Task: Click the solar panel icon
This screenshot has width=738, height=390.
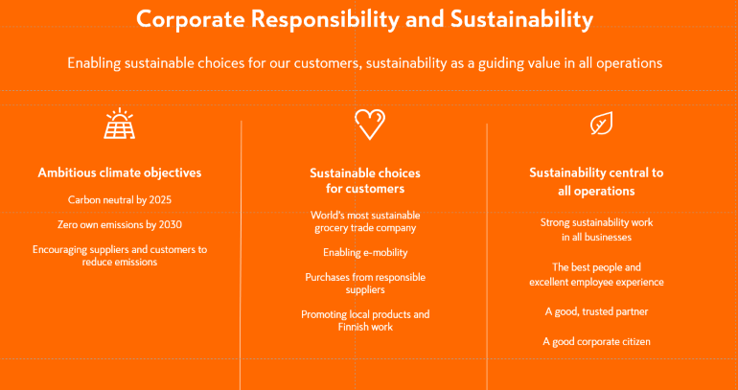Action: click(120, 124)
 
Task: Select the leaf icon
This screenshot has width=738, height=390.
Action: click(602, 123)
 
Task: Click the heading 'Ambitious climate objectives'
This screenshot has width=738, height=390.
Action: click(120, 172)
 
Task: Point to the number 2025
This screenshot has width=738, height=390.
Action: click(160, 200)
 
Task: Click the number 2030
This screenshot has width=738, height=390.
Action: click(171, 225)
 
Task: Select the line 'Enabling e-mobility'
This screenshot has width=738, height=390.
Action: click(365, 253)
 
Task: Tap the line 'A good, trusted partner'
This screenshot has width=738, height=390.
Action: click(596, 311)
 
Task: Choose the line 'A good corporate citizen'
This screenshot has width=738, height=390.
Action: click(596, 341)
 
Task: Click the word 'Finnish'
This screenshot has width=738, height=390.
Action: click(354, 327)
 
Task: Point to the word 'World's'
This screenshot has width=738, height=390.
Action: click(327, 216)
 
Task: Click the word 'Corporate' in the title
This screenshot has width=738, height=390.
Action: click(190, 20)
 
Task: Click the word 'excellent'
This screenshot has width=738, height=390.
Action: click(549, 283)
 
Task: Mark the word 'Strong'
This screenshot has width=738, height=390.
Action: click(554, 222)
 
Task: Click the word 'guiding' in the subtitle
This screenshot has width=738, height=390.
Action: click(496, 63)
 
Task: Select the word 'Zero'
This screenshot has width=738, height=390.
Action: click(67, 225)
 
